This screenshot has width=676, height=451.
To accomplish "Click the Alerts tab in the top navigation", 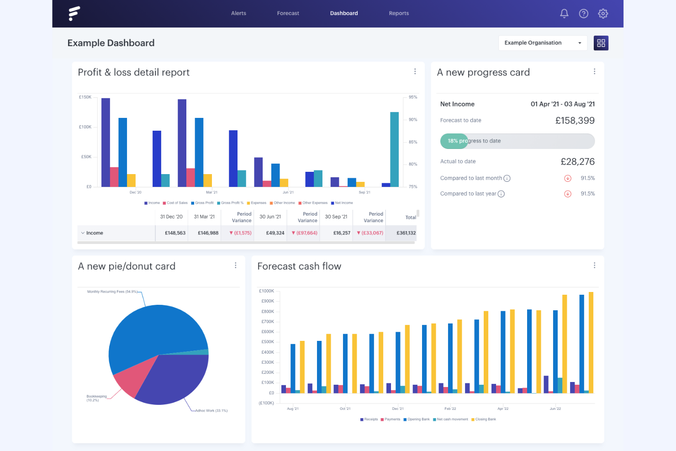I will pyautogui.click(x=238, y=13).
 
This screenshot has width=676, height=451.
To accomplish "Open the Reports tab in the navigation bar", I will pyautogui.click(x=399, y=13).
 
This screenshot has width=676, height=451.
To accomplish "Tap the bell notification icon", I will pyautogui.click(x=564, y=14).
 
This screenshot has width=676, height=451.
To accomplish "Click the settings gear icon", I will pyautogui.click(x=603, y=14).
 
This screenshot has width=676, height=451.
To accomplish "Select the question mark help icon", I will pyautogui.click(x=583, y=14).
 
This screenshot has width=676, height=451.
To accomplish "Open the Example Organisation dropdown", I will pyautogui.click(x=542, y=43).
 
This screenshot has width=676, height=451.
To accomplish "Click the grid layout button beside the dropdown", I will pyautogui.click(x=601, y=43).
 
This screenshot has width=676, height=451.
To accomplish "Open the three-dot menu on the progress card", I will pyautogui.click(x=594, y=72).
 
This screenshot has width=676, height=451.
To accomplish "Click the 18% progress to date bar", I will pyautogui.click(x=517, y=141).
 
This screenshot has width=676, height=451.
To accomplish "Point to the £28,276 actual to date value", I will pyautogui.click(x=577, y=162).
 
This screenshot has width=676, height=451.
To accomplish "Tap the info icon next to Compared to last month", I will pyautogui.click(x=507, y=179).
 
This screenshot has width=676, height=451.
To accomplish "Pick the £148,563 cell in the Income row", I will pyautogui.click(x=175, y=233).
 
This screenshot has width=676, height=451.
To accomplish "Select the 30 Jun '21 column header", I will pyautogui.click(x=270, y=217).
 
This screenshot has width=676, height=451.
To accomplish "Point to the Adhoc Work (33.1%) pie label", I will pyautogui.click(x=211, y=411).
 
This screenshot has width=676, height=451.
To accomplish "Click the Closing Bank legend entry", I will pyautogui.click(x=485, y=419).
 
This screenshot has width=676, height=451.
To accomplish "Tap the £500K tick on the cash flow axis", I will pyautogui.click(x=268, y=342).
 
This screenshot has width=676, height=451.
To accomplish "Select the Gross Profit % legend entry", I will pyautogui.click(x=232, y=203).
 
